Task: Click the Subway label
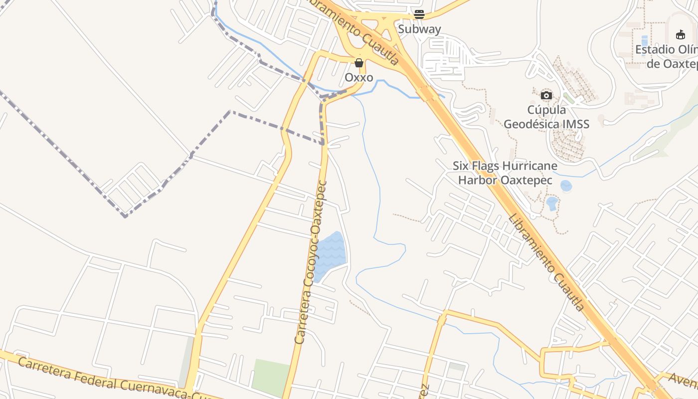(x=419, y=29)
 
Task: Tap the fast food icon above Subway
(x=419, y=14)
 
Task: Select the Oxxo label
(x=359, y=78)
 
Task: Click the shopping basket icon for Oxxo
(x=359, y=63)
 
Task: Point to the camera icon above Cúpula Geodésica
(x=546, y=95)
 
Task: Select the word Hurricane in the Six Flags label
(x=530, y=166)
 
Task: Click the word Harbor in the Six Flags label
(x=478, y=180)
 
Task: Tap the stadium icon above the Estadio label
(x=681, y=34)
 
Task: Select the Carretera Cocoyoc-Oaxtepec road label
(x=313, y=262)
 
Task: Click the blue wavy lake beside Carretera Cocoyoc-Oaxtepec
(x=331, y=256)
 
